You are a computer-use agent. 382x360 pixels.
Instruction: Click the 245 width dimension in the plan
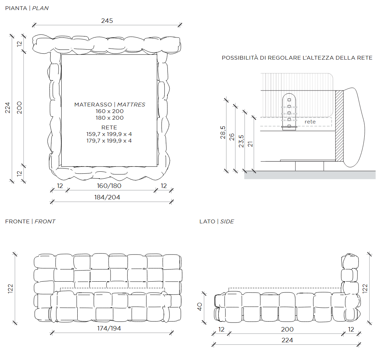click(107, 21)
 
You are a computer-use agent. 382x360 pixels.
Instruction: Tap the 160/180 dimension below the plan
click(109, 186)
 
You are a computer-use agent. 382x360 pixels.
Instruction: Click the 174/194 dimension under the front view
click(109, 328)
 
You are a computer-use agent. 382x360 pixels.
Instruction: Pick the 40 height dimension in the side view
click(200, 307)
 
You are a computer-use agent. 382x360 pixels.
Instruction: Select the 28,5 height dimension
click(223, 132)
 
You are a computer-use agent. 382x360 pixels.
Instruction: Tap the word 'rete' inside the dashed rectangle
click(310, 122)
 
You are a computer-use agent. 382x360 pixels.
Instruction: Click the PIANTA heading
click(16, 8)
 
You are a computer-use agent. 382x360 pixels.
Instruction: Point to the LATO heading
click(207, 221)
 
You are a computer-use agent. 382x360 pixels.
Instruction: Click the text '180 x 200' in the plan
click(110, 118)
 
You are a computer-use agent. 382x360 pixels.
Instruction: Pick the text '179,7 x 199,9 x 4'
click(109, 141)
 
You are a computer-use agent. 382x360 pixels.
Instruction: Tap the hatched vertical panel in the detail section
click(339, 126)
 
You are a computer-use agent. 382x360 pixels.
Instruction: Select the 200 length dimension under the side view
click(287, 329)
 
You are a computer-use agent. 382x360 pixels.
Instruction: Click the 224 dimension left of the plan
click(8, 108)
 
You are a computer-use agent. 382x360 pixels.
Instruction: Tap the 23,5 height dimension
click(241, 141)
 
